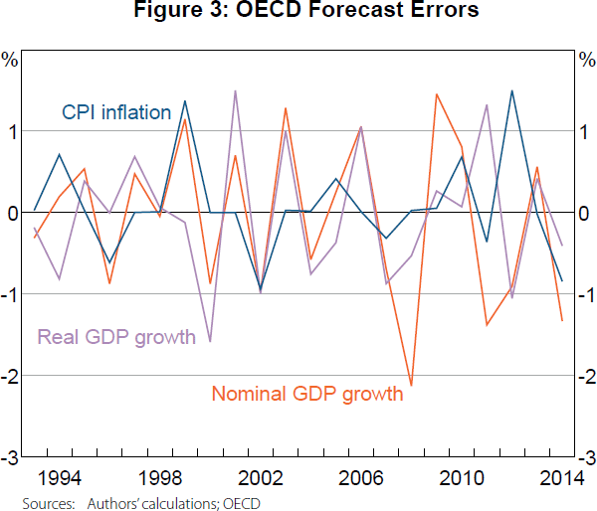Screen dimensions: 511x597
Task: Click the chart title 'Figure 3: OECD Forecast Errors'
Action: point(299,12)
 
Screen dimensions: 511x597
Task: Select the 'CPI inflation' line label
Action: point(116,112)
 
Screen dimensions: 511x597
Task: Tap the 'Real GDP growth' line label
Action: point(116,337)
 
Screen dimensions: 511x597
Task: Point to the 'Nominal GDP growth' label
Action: point(306,394)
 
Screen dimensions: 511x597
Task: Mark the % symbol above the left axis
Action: point(11,60)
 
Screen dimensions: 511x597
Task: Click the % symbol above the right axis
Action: point(586,60)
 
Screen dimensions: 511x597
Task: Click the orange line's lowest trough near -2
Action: point(411,385)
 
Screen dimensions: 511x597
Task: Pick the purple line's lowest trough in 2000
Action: point(210,342)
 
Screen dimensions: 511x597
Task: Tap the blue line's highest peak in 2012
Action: point(512,90)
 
